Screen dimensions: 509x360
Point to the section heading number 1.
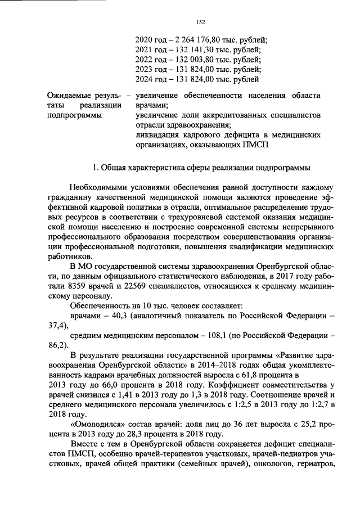click(95, 167)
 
